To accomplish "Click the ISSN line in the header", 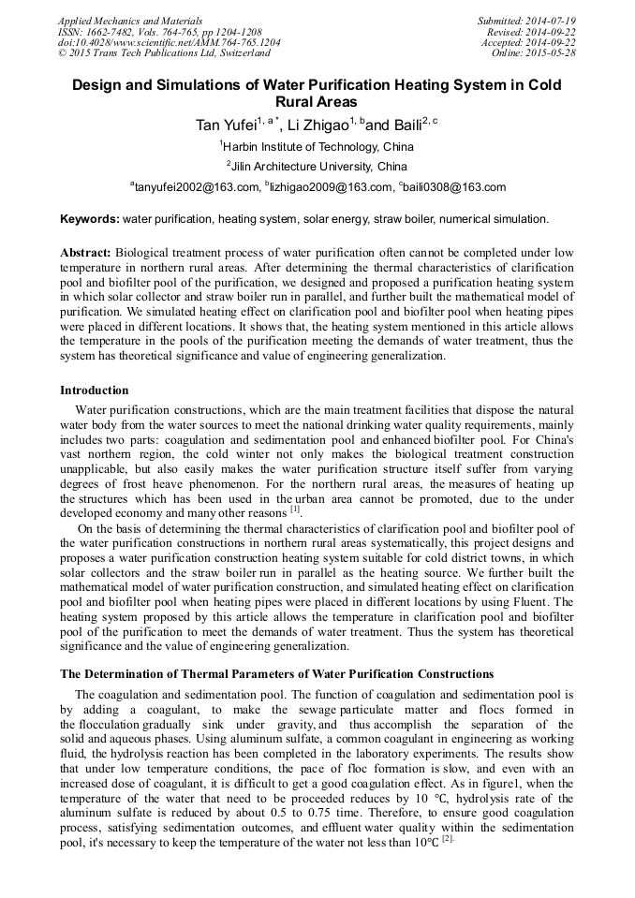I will pyautogui.click(x=139, y=32).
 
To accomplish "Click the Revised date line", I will pyautogui.click(x=531, y=32).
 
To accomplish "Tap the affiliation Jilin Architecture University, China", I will pyautogui.click(x=318, y=167).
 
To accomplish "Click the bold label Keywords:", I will pyautogui.click(x=90, y=219).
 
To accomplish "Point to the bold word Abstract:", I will pyautogui.click(x=86, y=254).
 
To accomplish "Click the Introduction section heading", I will pyautogui.click(x=94, y=390).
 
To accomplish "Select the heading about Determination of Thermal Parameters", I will pyautogui.click(x=276, y=674).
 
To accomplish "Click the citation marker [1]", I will pyautogui.click(x=295, y=509).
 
